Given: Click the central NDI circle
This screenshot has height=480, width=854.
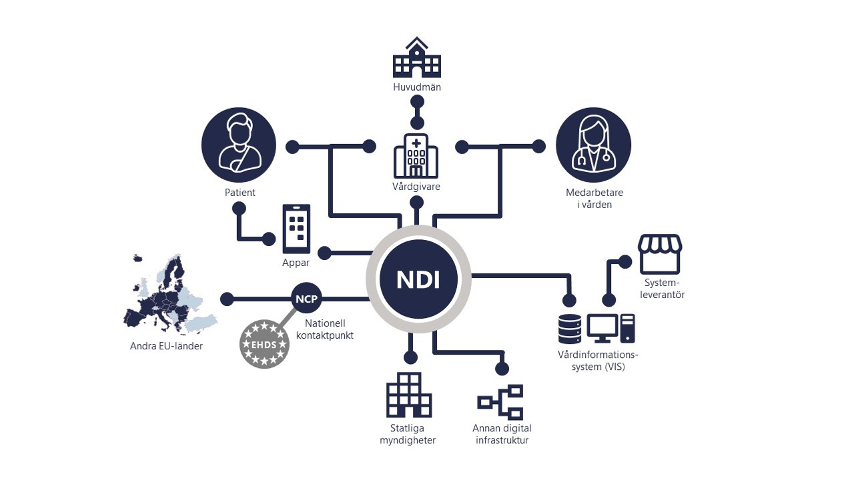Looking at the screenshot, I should pos(418,279).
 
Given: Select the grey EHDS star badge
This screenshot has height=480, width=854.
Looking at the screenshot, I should pos(265,344).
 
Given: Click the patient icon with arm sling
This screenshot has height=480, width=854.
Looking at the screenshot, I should pos(238,145).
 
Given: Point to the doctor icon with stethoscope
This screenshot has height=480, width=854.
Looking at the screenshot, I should pos(593,145).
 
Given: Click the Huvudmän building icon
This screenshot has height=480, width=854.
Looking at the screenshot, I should pos(417,58).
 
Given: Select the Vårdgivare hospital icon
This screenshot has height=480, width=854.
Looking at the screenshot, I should pos(416,155).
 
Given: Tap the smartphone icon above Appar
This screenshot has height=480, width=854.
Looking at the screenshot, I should pos(297,229).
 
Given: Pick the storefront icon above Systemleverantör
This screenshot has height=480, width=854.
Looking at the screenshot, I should pos(660,254).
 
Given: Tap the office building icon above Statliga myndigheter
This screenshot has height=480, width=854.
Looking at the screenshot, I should pos(408,395).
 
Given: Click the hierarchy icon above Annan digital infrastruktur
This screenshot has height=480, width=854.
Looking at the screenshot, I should pos(501,402).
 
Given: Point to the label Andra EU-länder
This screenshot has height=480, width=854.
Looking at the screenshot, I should pos(166,347).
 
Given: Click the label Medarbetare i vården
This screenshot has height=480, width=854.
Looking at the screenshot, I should pos(594,199).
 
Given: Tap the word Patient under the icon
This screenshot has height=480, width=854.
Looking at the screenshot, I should pos(240,193).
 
